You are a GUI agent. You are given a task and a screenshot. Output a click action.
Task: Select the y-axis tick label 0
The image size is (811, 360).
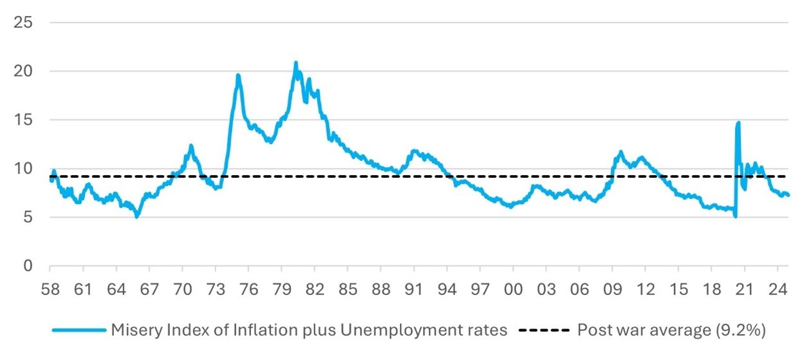[27, 266]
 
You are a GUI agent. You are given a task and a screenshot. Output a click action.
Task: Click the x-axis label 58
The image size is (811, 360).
[50, 289]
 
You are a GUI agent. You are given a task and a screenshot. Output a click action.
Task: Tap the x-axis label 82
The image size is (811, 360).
[314, 289]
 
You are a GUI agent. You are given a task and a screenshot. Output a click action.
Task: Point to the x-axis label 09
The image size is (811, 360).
[613, 289]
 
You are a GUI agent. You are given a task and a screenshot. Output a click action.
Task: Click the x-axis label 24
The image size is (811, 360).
[778, 289]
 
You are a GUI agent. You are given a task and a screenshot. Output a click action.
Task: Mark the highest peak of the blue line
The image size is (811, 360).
[295, 63]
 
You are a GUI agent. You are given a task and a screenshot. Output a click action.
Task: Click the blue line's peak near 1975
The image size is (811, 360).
[238, 75]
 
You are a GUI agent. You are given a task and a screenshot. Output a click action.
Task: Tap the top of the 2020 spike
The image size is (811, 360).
[738, 122]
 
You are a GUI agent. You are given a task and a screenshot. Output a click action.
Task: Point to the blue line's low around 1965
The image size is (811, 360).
[136, 217]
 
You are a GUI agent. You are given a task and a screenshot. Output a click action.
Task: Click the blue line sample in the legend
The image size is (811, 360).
[79, 330]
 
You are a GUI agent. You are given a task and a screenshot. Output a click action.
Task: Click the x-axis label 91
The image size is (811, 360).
[414, 289]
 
